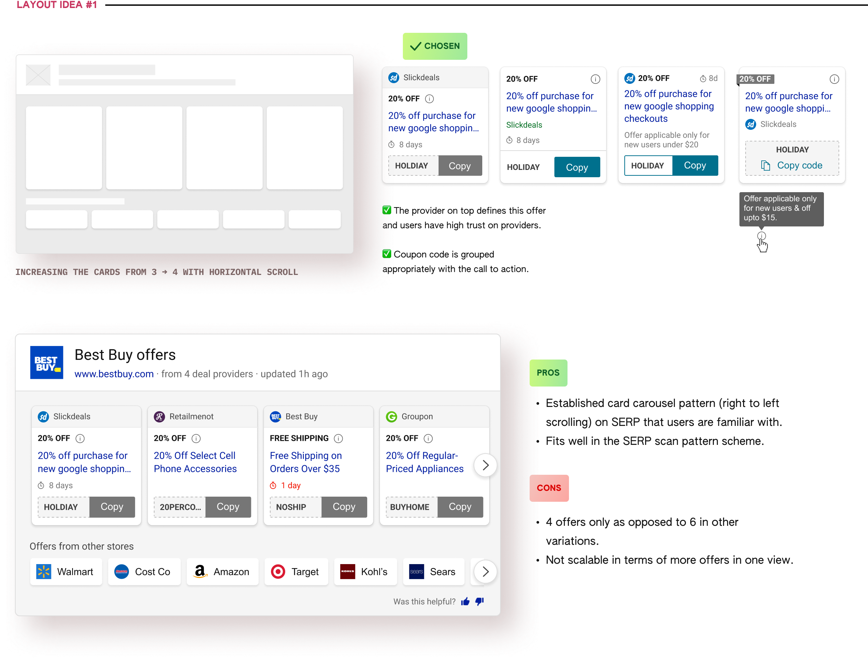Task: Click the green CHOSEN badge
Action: pyautogui.click(x=435, y=46)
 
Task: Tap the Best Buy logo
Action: pyautogui.click(x=47, y=362)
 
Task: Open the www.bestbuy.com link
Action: pyautogui.click(x=114, y=374)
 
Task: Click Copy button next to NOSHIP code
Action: pyautogui.click(x=344, y=507)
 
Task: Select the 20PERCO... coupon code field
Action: pyautogui.click(x=180, y=507)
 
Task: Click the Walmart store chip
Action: pyautogui.click(x=66, y=572)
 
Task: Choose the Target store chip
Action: pyautogui.click(x=296, y=572)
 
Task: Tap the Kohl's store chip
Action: pyautogui.click(x=365, y=572)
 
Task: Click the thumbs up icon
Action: pyautogui.click(x=466, y=601)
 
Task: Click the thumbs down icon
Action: pyautogui.click(x=479, y=601)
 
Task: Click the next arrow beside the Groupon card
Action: pyautogui.click(x=486, y=465)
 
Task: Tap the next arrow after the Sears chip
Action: pyautogui.click(x=486, y=572)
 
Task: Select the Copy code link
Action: pyautogui.click(x=799, y=166)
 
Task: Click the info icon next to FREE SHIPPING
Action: pyautogui.click(x=338, y=438)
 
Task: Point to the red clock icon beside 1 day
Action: pyautogui.click(x=273, y=486)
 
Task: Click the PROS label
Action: pyautogui.click(x=548, y=373)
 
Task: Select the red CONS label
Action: pyautogui.click(x=549, y=488)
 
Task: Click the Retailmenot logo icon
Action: pyautogui.click(x=159, y=416)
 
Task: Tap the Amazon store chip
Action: pyautogui.click(x=223, y=572)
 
